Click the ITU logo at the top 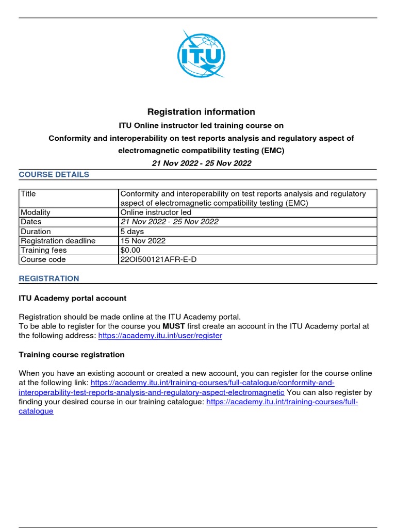[x=201, y=54]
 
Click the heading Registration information [x=201, y=112]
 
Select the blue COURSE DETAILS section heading [x=54, y=174]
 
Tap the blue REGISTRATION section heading [x=49, y=278]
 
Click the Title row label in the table [x=28, y=194]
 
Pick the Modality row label [x=36, y=212]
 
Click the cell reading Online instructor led [x=156, y=212]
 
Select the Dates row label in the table [x=31, y=222]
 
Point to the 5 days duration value [x=132, y=232]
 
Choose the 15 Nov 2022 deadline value [x=143, y=241]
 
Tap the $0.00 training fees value [x=129, y=250]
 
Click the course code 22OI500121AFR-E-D [x=158, y=259]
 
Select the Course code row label [x=43, y=259]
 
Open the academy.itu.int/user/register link [x=160, y=335]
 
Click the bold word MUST [x=174, y=326]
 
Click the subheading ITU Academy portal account [x=73, y=298]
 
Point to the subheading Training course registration [x=72, y=355]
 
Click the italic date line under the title [x=201, y=163]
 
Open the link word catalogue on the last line [x=36, y=411]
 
